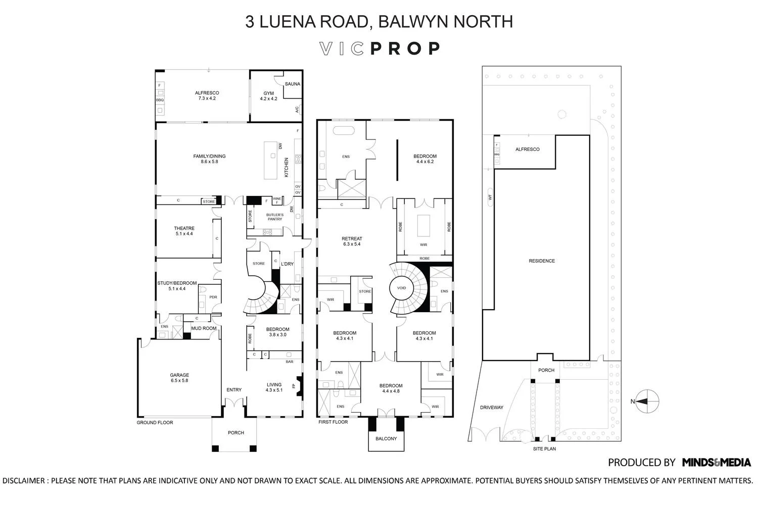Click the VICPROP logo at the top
(x=380, y=48)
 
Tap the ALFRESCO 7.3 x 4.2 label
(x=207, y=95)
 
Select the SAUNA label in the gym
(x=292, y=84)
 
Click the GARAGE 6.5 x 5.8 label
(x=179, y=378)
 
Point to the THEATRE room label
(x=184, y=231)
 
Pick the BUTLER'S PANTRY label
(x=275, y=217)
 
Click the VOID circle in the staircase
(x=401, y=288)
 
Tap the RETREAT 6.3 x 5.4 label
(x=352, y=241)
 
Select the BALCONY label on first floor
(x=386, y=438)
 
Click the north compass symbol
(x=646, y=402)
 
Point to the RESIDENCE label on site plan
(x=542, y=261)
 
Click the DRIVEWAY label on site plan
(x=491, y=408)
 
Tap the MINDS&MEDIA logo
(x=716, y=462)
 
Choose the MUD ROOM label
(x=204, y=328)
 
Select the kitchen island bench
(x=271, y=160)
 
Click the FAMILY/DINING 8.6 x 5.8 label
(x=209, y=159)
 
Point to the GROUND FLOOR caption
(x=155, y=423)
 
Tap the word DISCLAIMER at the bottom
(x=24, y=481)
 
